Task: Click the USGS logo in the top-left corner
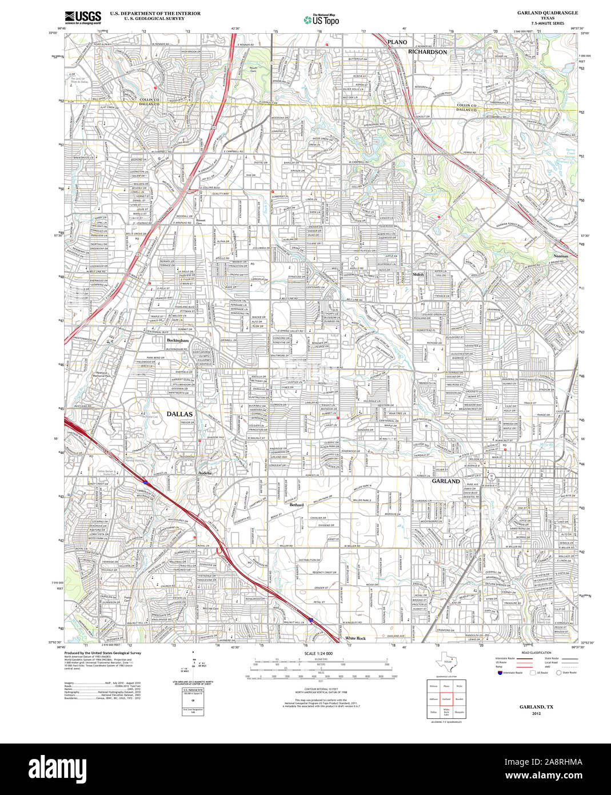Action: (83, 17)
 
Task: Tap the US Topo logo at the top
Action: (321, 20)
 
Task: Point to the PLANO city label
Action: (397, 42)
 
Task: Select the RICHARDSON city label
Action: (427, 51)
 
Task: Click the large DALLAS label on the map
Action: (179, 414)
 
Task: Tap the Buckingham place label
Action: (178, 340)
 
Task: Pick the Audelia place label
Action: (205, 474)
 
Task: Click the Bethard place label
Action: (297, 505)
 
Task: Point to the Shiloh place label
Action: (418, 275)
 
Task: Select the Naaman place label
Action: (561, 256)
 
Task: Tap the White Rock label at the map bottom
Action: (355, 638)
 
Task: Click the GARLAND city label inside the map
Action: (446, 482)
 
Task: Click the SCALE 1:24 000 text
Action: (318, 654)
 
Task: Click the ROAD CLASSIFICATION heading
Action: (536, 653)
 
